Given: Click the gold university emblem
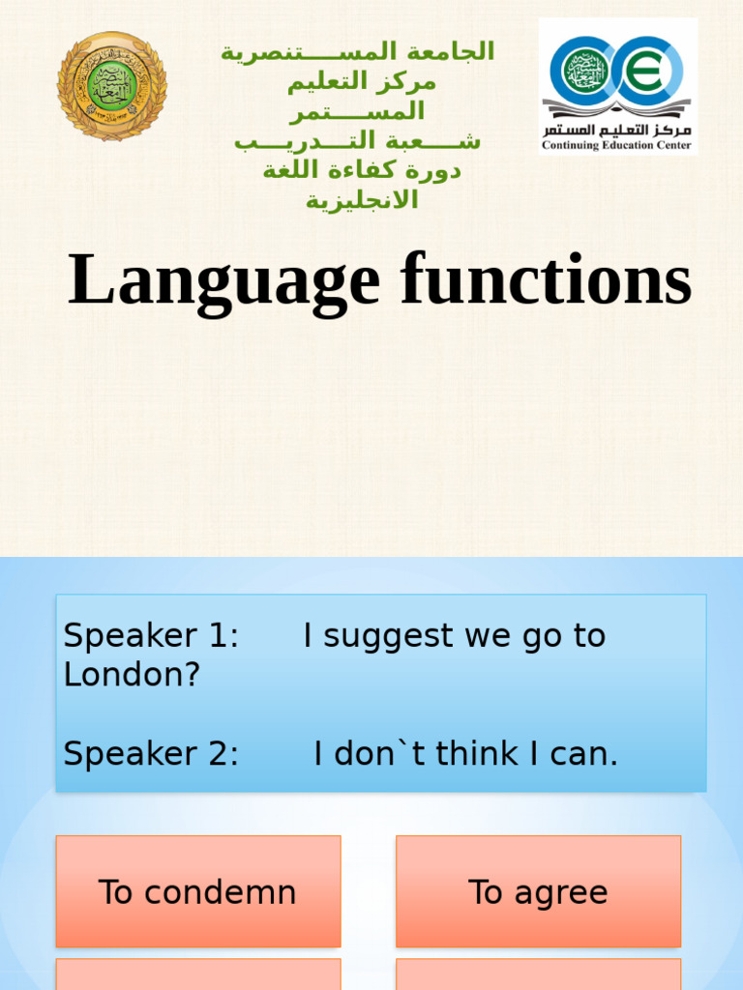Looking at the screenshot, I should [x=112, y=86].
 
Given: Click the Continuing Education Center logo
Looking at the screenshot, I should [x=617, y=86].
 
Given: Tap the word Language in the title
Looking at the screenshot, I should [x=223, y=281].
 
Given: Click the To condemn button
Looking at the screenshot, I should [x=197, y=891].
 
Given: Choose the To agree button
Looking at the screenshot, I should [x=538, y=891].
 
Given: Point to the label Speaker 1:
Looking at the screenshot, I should [x=151, y=635].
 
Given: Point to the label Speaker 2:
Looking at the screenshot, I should [x=151, y=754].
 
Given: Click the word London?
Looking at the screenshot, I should [x=132, y=675].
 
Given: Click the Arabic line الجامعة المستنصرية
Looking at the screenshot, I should [x=357, y=51].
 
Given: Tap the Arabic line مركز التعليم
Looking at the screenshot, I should [x=361, y=81].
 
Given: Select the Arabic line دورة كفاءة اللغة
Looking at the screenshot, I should [x=361, y=171].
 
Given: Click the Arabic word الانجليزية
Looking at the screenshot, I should [x=362, y=201].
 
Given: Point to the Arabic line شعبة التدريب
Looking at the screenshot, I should [x=357, y=141].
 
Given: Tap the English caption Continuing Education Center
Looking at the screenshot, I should [x=617, y=146].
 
